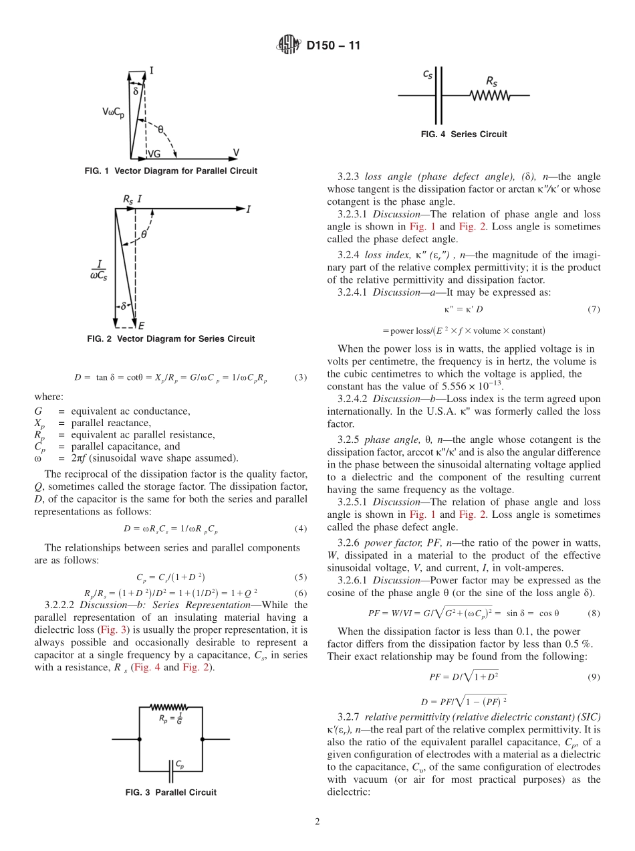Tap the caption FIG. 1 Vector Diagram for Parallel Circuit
170,171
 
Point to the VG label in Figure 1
154,153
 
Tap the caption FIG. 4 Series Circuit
464,134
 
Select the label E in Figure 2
141,326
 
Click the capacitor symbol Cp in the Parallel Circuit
171,753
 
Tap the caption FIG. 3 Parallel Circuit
170,793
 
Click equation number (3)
301,377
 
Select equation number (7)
593,309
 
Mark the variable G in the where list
38,411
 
